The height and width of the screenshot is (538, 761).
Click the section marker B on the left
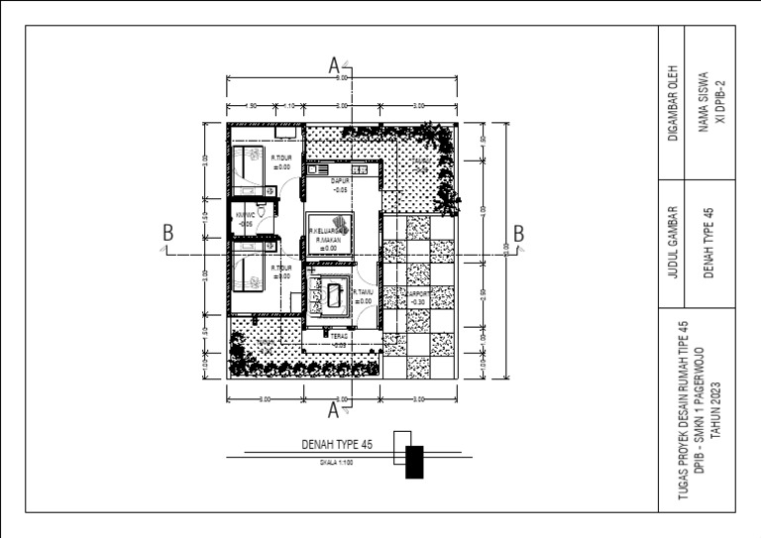[x=168, y=234]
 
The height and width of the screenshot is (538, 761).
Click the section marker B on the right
[x=517, y=234]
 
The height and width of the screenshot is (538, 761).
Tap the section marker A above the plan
[x=335, y=65]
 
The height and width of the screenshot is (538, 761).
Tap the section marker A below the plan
[x=335, y=407]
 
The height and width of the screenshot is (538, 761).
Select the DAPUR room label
[x=341, y=180]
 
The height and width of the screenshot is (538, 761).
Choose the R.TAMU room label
[x=361, y=292]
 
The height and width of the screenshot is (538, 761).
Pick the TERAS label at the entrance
[x=340, y=337]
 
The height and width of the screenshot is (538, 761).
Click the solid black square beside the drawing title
[x=414, y=463]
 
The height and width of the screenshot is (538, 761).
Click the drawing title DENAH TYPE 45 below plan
[x=338, y=446]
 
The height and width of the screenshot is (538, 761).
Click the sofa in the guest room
[x=337, y=294]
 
